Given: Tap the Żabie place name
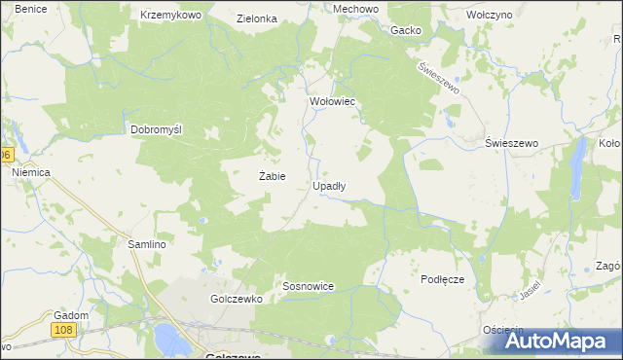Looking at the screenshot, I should (272, 176).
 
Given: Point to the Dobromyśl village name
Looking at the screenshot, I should (158, 129).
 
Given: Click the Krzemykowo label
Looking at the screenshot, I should (170, 17).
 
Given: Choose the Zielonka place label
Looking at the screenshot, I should (257, 18).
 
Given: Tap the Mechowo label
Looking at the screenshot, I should (328, 9).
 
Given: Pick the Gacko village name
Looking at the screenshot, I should (405, 30).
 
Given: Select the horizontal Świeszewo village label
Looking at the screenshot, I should (512, 143).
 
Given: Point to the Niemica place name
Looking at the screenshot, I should (31, 172).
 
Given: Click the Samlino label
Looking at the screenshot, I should (140, 244).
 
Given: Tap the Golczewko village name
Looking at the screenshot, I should (237, 300).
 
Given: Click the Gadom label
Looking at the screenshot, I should (72, 315).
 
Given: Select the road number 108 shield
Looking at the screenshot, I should (63, 332).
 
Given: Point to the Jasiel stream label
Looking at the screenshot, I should (530, 290).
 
